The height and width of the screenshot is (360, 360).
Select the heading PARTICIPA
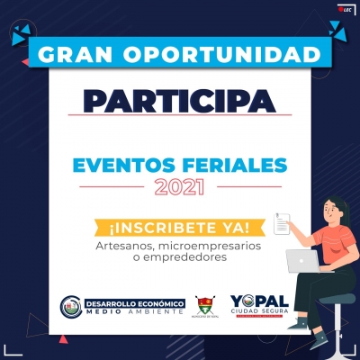coord(180,99)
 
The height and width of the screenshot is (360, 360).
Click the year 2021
coord(180,187)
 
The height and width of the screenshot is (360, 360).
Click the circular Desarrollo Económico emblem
coord(72,307)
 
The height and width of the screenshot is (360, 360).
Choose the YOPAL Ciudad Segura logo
coord(260,307)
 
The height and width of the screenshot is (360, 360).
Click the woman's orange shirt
coord(328,247)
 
